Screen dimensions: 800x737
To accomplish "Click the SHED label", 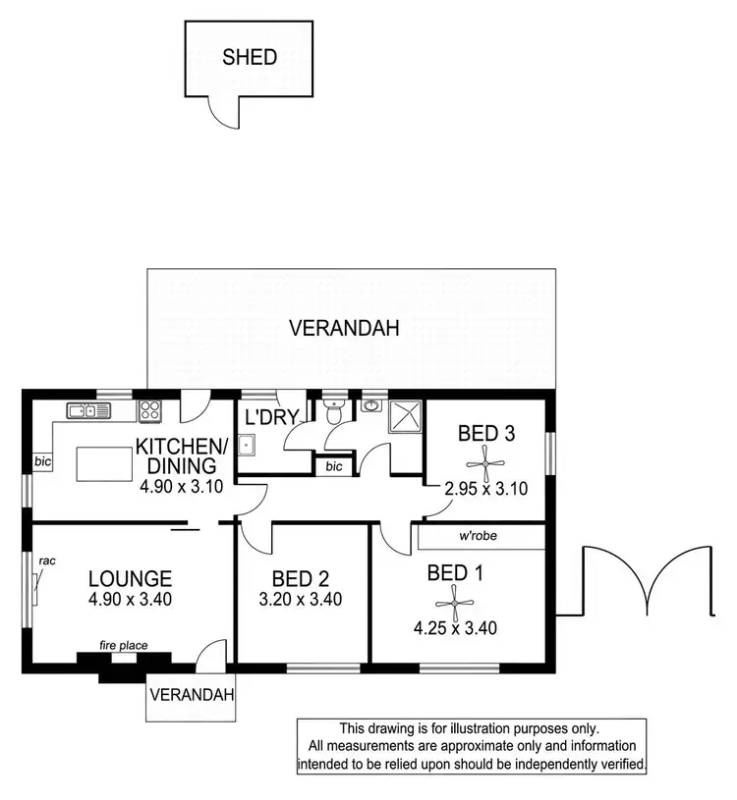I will tap(250, 57).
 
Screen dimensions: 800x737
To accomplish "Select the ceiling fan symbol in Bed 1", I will tap(454, 600).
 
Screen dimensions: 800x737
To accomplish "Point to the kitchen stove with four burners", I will tap(150, 410).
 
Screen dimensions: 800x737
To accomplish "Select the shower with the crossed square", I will tap(404, 417).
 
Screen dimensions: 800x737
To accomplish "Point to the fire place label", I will tap(123, 645).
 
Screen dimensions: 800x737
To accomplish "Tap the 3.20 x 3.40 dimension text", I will tap(302, 600).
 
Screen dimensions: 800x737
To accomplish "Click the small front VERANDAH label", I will tap(193, 695).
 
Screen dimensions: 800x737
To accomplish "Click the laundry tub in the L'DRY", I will tap(249, 448).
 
